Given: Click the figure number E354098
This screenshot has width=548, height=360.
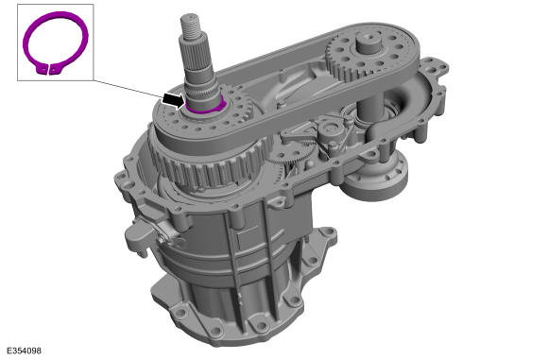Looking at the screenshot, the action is (x=24, y=351).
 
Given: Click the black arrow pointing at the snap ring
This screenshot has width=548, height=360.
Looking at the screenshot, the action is (x=173, y=101).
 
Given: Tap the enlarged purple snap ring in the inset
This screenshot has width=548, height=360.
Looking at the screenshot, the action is (x=56, y=43).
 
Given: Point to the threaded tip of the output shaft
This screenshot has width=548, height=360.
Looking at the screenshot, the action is (x=191, y=26).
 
